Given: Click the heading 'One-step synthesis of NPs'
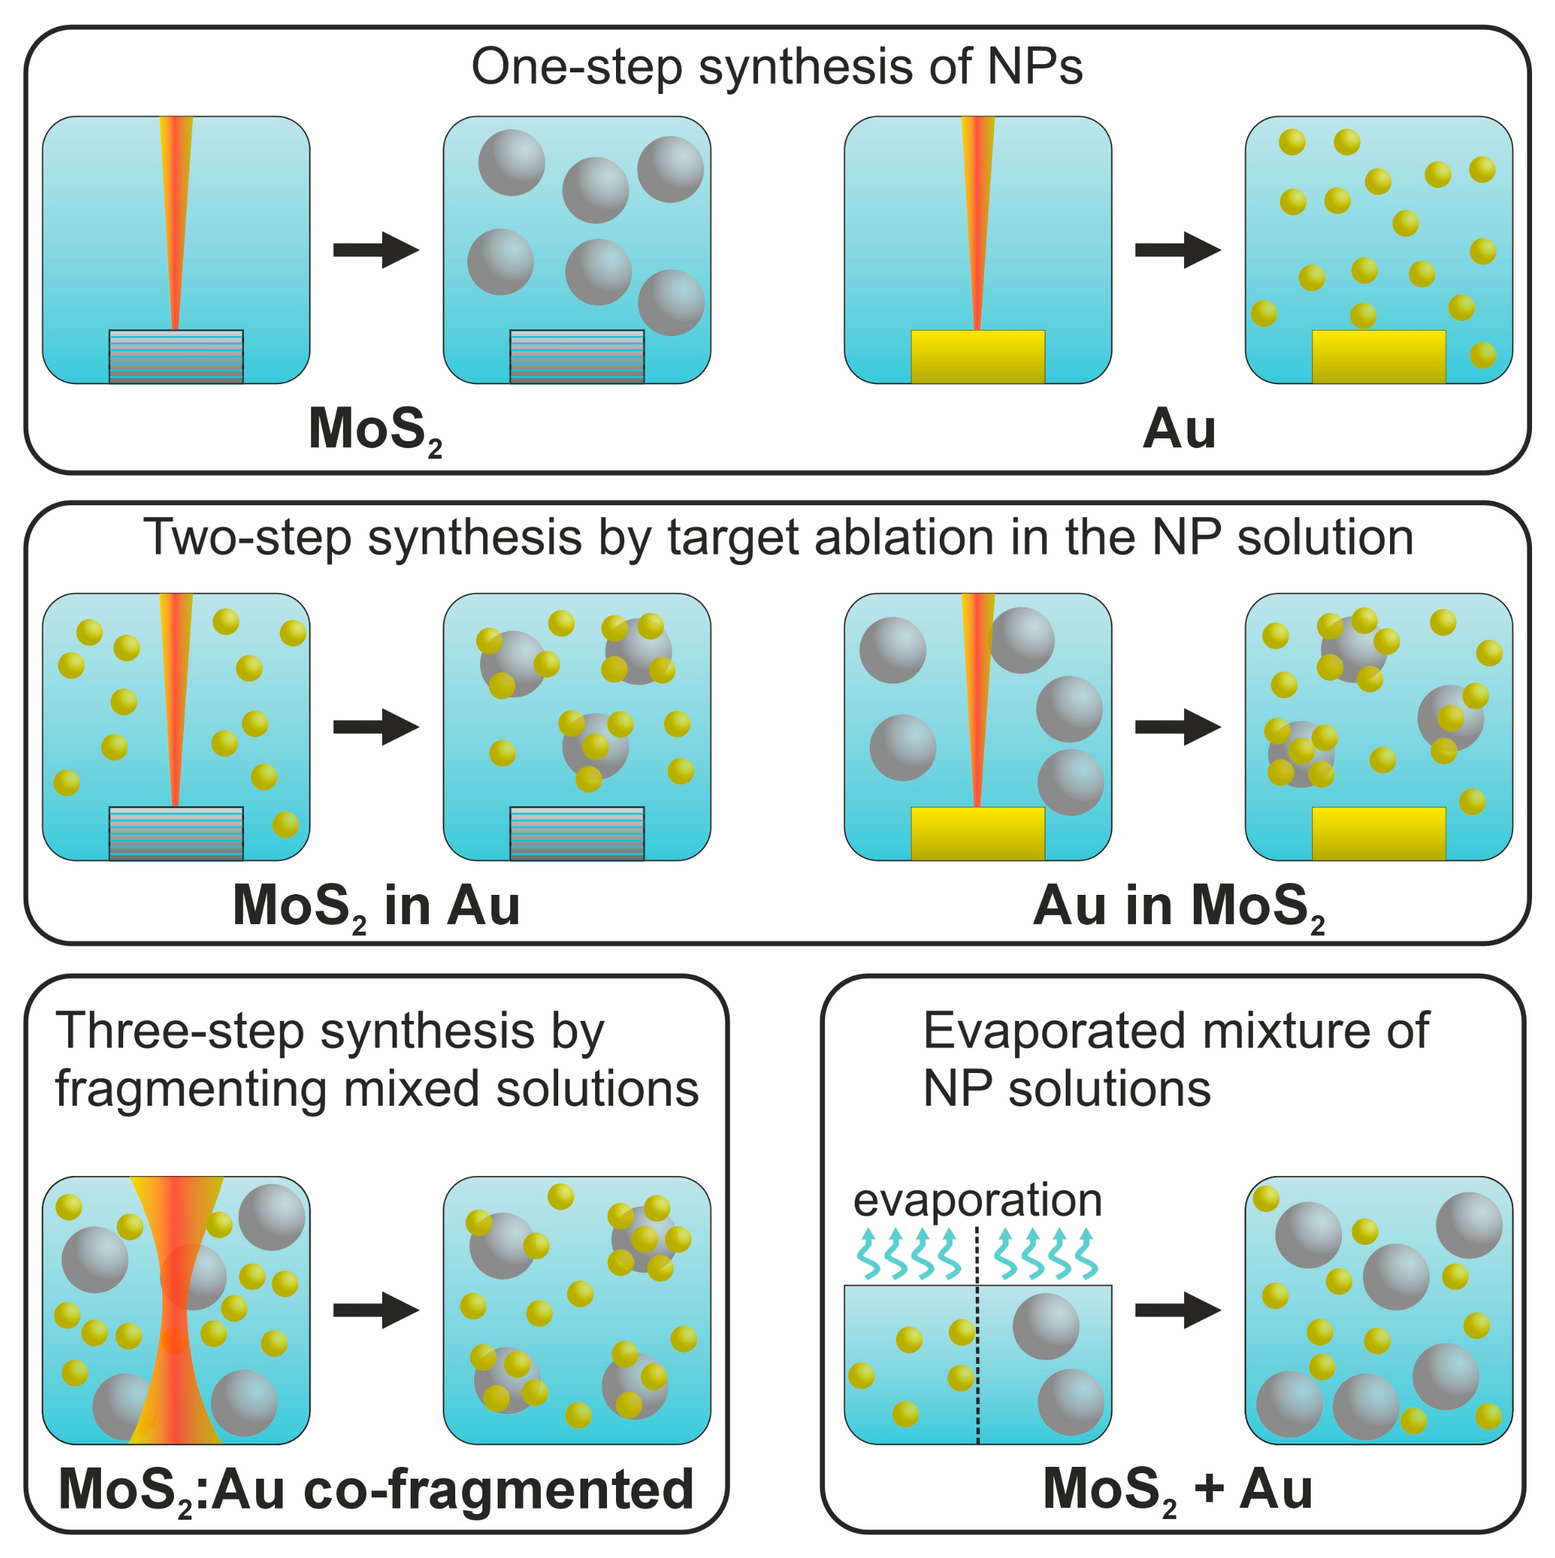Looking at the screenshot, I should pyautogui.click(x=777, y=66).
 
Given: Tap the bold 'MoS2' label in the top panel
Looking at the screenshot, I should pyautogui.click(x=375, y=429).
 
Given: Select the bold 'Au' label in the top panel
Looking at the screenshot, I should pyautogui.click(x=1178, y=429).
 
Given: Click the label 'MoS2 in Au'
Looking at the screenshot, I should pyautogui.click(x=376, y=905).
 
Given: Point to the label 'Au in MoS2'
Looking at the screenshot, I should pyautogui.click(x=1178, y=905).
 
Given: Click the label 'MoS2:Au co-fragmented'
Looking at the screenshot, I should pyautogui.click(x=376, y=1488).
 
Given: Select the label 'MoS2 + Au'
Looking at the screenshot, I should pyautogui.click(x=1177, y=1488).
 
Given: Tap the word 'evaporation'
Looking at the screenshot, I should pyautogui.click(x=977, y=1200).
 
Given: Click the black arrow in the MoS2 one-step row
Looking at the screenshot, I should pyautogui.click(x=376, y=250).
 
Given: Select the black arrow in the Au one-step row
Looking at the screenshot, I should pyautogui.click(x=1178, y=250).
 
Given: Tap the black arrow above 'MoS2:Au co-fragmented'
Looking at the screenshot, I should pyautogui.click(x=376, y=1310).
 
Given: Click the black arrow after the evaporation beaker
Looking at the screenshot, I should pyautogui.click(x=1178, y=1310).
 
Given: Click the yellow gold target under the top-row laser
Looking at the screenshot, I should pyautogui.click(x=977, y=356).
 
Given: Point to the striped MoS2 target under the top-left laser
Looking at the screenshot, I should pyautogui.click(x=176, y=356).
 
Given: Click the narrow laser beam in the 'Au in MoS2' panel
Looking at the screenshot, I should pyautogui.click(x=977, y=694).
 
